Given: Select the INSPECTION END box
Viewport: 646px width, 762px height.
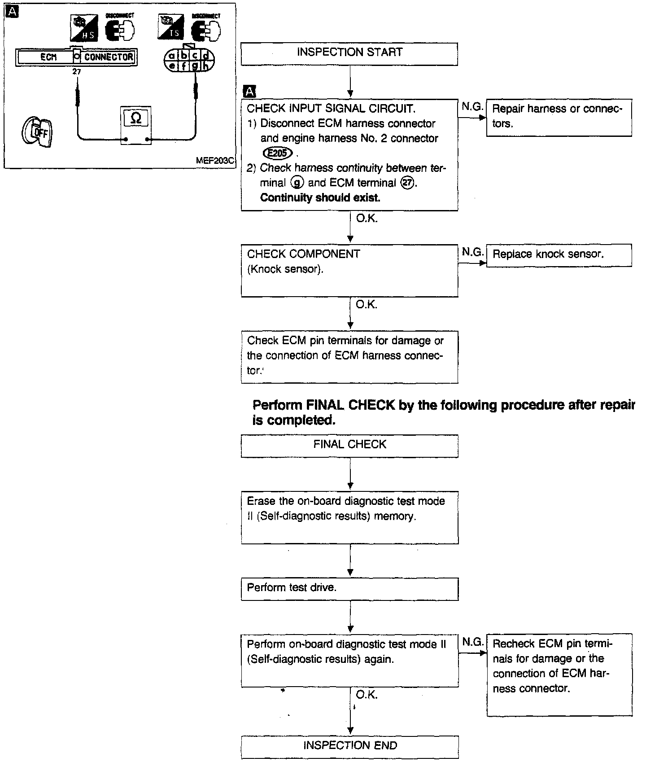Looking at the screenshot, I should [x=350, y=746].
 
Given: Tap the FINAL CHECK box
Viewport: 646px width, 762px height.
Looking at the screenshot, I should [x=349, y=445].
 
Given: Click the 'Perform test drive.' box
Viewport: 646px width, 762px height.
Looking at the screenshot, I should [x=349, y=588].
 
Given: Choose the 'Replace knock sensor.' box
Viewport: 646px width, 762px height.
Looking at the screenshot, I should [x=559, y=255].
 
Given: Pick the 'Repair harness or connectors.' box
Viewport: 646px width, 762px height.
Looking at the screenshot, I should [x=559, y=117].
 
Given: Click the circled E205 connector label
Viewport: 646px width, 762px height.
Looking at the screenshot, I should [x=278, y=153].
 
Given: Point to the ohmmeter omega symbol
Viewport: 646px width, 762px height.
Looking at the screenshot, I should [x=135, y=118].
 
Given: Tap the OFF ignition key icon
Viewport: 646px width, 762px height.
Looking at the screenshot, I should [x=38, y=132].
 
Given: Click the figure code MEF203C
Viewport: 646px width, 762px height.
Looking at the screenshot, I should [x=215, y=161].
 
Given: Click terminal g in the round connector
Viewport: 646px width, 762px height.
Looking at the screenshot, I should [x=195, y=66].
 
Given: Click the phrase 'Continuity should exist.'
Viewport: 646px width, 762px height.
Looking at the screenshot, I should [x=320, y=198].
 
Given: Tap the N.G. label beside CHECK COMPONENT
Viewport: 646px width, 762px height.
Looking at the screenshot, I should [x=472, y=252].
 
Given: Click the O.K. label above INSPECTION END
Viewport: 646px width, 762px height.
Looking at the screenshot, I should [x=367, y=695].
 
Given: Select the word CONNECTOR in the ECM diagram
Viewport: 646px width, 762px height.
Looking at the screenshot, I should [x=109, y=57].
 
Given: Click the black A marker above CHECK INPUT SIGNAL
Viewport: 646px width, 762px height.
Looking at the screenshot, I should [x=249, y=92].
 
